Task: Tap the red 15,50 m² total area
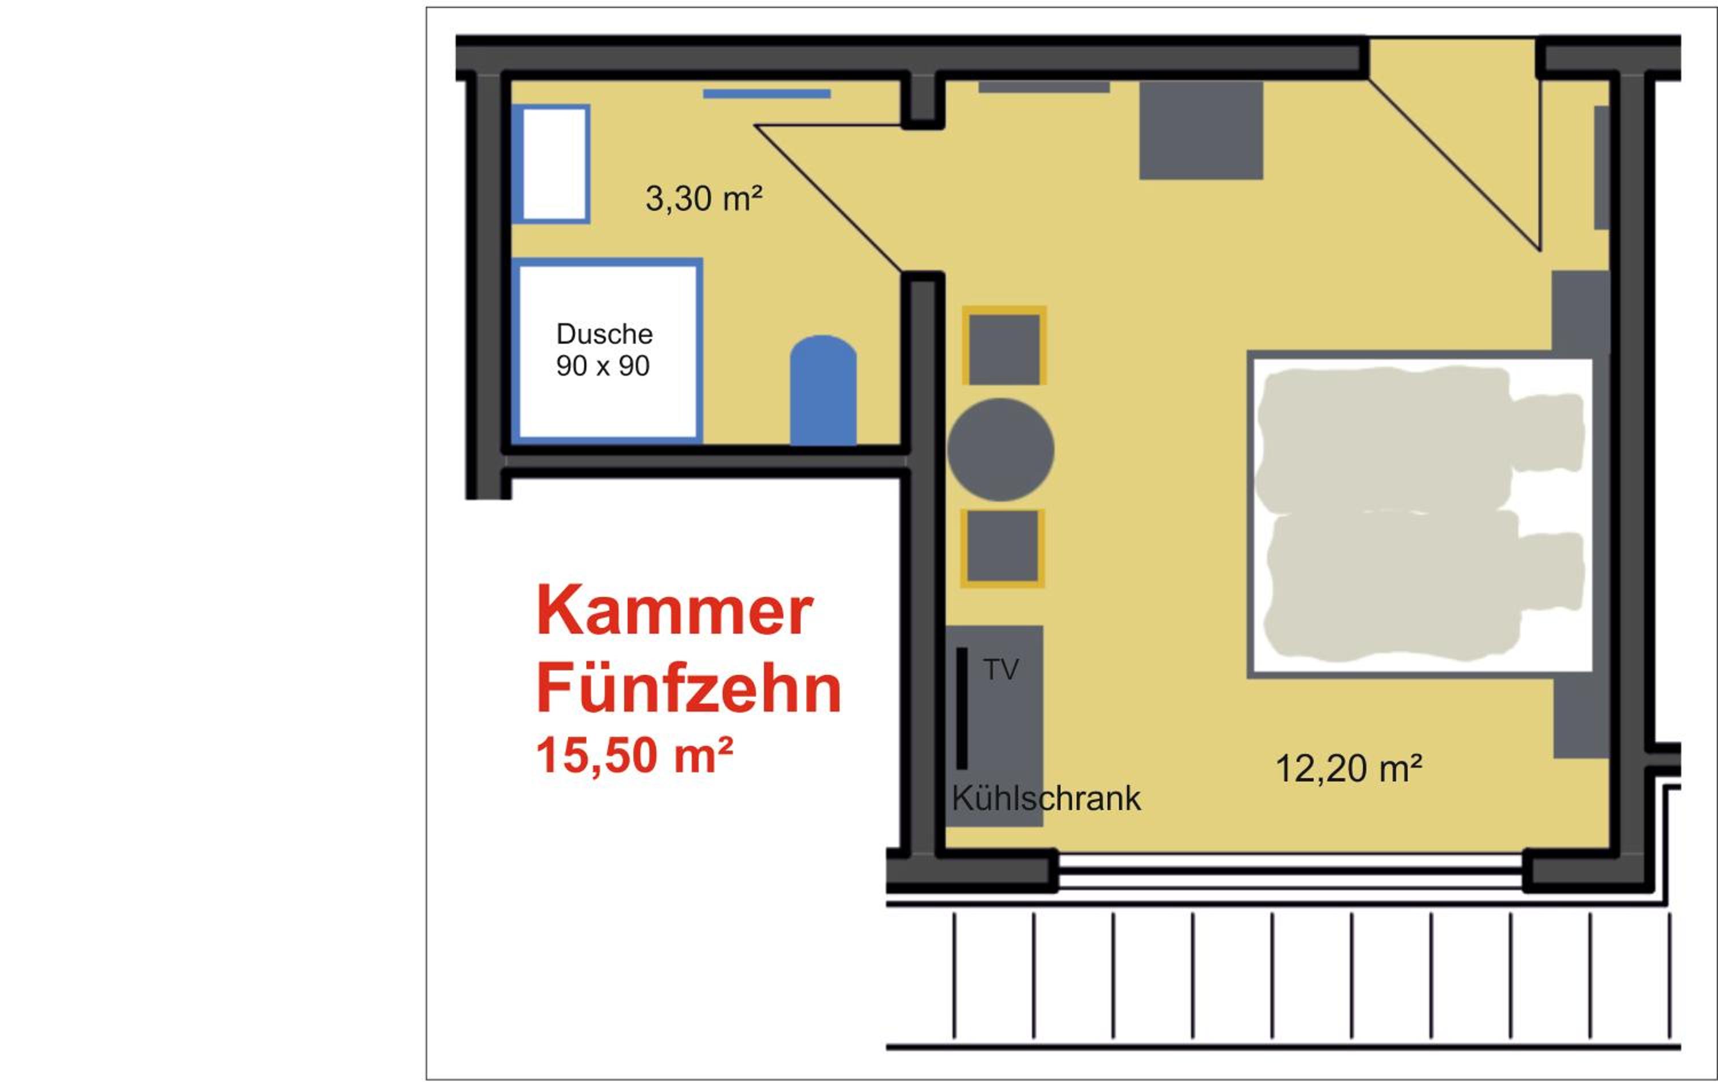[x=635, y=756]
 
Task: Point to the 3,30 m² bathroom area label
[x=703, y=198]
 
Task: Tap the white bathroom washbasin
[x=554, y=164]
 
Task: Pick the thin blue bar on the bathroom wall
[x=766, y=93]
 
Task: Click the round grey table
[x=1000, y=450]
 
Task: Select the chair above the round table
[x=1004, y=345]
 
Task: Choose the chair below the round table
[x=1002, y=548]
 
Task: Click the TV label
[x=1001, y=669]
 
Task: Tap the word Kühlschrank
[x=1046, y=799]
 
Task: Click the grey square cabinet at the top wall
[x=1201, y=130]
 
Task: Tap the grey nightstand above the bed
[x=1581, y=312]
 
